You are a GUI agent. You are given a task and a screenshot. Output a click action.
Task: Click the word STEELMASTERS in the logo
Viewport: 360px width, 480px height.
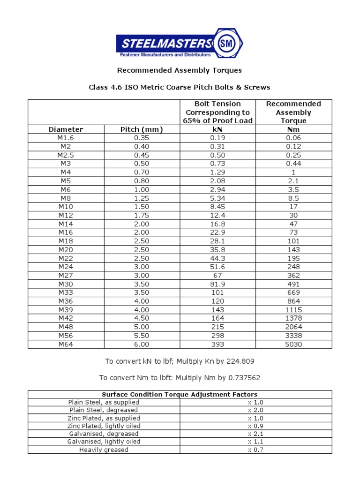166,44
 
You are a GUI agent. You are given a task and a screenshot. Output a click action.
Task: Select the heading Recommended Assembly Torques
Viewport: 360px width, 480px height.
180,70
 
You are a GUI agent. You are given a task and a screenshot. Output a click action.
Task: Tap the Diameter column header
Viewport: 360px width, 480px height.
66,129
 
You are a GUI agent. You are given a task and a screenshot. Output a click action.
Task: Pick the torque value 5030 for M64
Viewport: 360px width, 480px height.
294,344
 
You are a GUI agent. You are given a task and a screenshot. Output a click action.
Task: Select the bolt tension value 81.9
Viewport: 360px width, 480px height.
217,284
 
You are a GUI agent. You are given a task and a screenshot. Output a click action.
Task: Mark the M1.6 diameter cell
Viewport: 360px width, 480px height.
66,138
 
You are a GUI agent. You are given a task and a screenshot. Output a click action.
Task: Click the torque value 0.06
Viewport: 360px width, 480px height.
294,138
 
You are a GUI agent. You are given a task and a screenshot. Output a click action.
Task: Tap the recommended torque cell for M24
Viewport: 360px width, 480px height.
294,267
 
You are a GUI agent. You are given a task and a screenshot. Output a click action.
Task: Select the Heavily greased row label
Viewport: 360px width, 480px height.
104,450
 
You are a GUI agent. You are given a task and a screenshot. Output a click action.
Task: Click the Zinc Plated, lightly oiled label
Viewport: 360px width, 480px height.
104,426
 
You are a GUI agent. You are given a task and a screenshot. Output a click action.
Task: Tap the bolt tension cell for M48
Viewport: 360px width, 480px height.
217,327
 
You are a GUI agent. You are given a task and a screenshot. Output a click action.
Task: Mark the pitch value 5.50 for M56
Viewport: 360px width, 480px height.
142,336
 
